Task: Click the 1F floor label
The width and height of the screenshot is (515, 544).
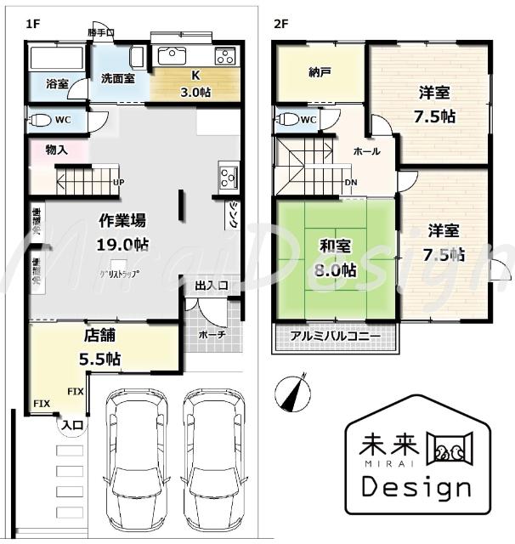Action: [33, 25]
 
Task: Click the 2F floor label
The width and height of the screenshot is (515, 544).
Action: [281, 25]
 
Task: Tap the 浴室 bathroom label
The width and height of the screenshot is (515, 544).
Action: [56, 85]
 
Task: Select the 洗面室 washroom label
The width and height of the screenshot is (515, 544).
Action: [118, 77]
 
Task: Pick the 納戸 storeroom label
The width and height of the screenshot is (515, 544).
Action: [319, 73]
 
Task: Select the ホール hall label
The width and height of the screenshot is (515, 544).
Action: [366, 151]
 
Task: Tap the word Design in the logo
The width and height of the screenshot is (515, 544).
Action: [416, 487]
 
